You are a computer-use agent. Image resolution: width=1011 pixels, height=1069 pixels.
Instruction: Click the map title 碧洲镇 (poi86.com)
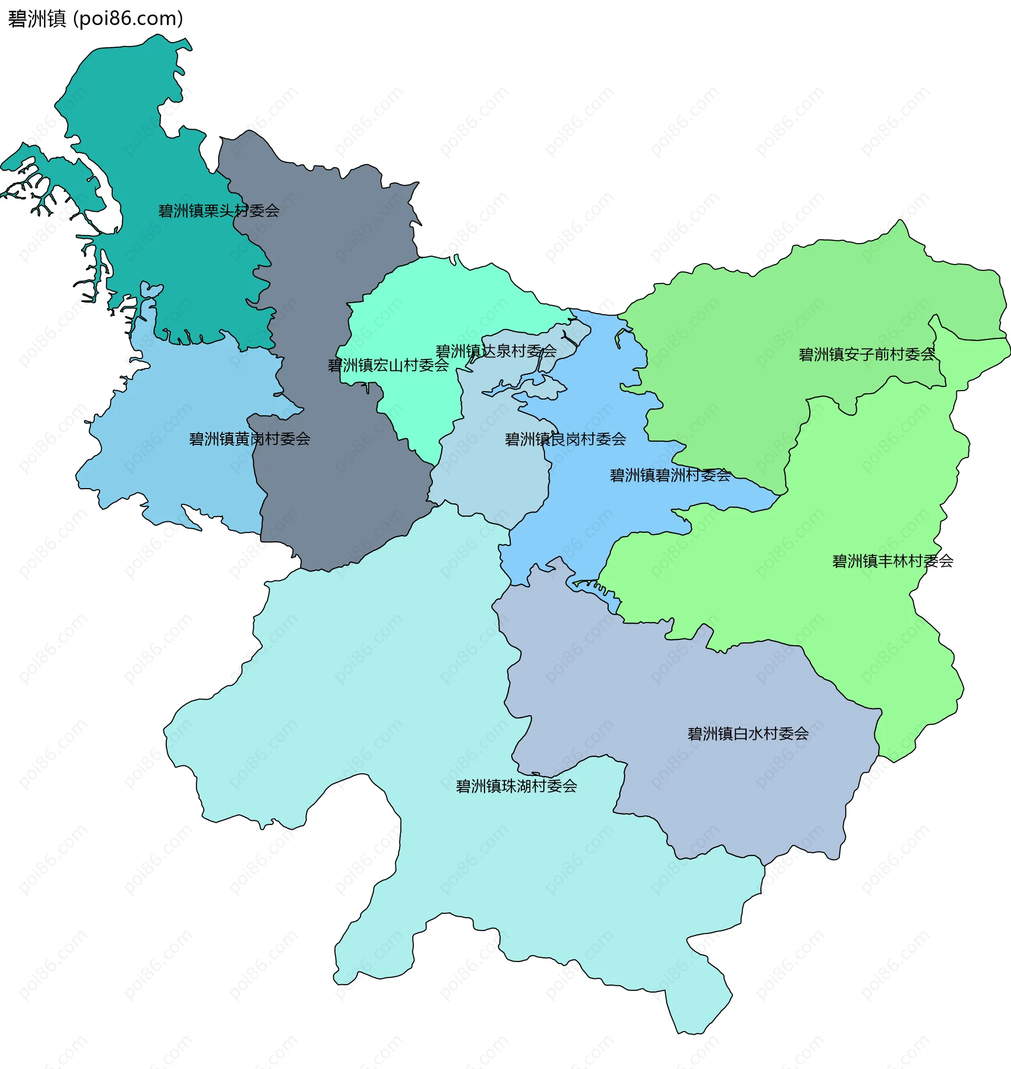click(x=95, y=19)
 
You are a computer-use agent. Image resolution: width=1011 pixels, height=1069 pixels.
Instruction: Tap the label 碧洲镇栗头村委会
click(x=219, y=211)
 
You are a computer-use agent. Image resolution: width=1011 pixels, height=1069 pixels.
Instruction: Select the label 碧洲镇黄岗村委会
click(x=250, y=439)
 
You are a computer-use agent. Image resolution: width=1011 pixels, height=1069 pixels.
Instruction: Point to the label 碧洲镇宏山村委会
click(x=388, y=366)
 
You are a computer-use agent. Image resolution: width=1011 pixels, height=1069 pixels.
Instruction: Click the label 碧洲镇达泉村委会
click(x=496, y=352)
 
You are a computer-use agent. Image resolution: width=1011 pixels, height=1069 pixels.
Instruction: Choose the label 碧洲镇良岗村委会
click(x=566, y=440)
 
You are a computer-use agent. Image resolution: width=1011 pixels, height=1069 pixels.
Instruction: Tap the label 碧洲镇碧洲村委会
click(x=670, y=475)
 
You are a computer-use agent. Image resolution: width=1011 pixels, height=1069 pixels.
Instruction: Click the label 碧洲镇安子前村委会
click(x=867, y=355)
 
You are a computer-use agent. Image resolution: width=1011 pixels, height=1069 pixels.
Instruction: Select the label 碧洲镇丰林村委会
click(x=893, y=561)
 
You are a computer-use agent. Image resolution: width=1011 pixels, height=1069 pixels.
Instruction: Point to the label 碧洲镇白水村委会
click(x=748, y=734)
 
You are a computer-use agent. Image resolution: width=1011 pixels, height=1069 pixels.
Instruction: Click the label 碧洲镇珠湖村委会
click(x=516, y=786)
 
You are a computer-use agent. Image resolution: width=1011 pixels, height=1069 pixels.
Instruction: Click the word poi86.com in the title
click(x=128, y=19)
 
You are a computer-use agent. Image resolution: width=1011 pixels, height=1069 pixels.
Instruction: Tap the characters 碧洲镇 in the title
click(x=37, y=19)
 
